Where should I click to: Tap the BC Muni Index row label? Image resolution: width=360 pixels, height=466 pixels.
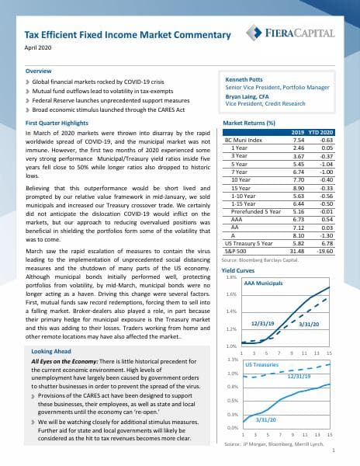[243, 140]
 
